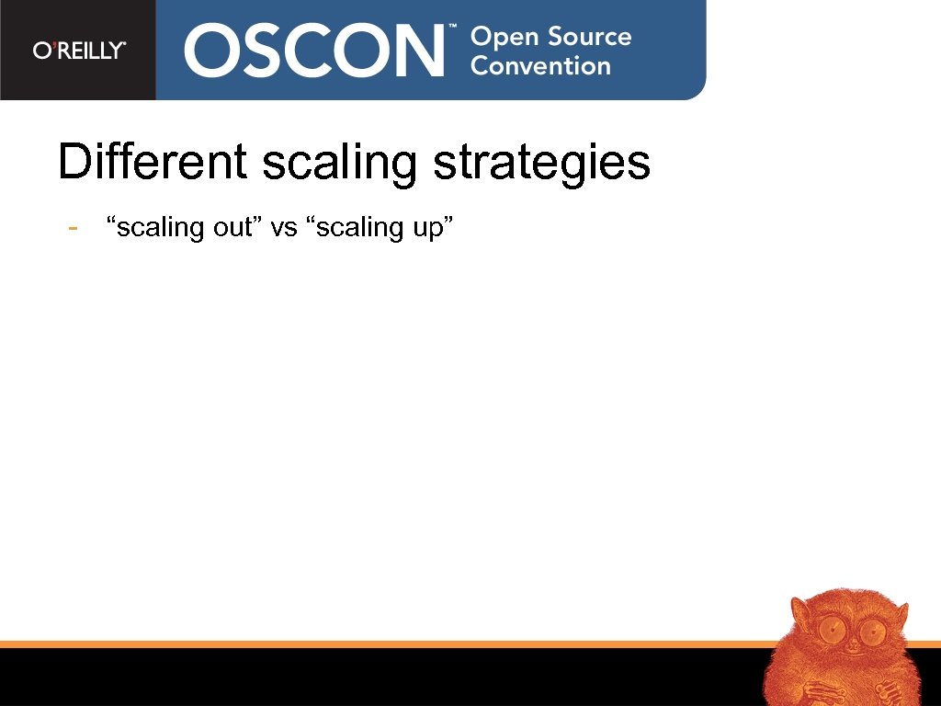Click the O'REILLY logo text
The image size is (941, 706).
pos(79,51)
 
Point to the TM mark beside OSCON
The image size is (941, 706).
pos(452,28)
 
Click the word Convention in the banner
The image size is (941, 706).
pos(540,66)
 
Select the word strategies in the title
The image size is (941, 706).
pos(541,164)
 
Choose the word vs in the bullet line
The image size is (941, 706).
pos(284,228)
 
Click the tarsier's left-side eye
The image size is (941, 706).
pos(833,631)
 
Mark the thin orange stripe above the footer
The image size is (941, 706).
pos(368,644)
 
